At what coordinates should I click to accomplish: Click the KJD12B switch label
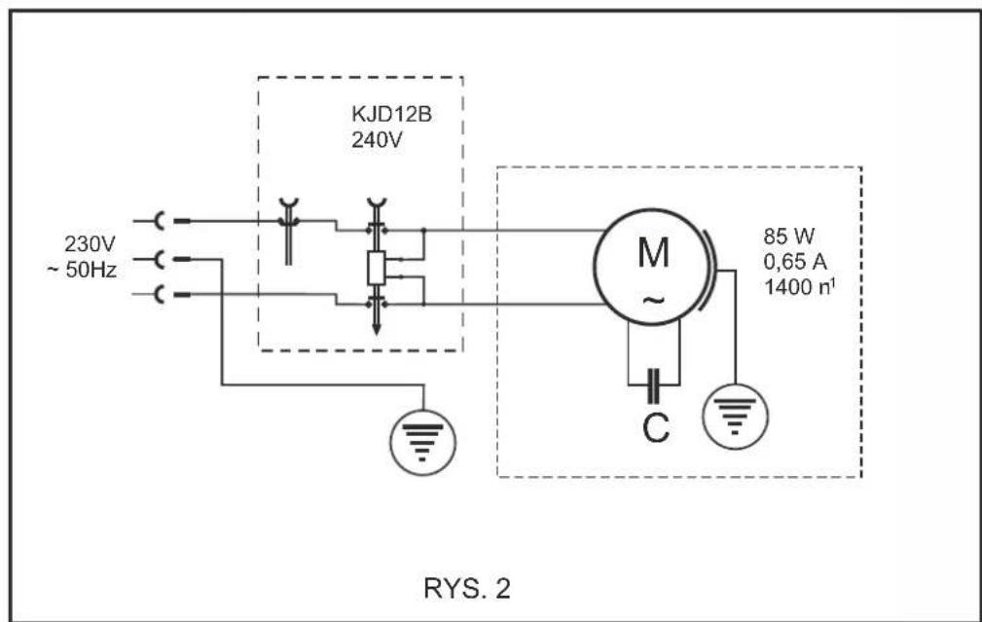pos(391,115)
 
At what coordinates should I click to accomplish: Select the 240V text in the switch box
pos(377,140)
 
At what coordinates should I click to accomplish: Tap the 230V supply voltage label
pos(90,243)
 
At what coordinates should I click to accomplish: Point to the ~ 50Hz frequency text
pos(82,270)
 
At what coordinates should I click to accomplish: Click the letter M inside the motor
pos(653,253)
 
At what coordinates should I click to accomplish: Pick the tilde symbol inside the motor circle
pos(653,300)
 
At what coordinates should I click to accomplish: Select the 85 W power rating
pos(789,237)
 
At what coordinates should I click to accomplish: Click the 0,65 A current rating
pos(795,261)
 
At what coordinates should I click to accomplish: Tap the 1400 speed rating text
pos(800,286)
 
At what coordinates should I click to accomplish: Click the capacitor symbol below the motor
pos(653,385)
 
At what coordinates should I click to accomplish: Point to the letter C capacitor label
pos(656,428)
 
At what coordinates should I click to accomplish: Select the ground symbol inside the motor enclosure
pos(735,417)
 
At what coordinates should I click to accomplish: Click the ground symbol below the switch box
pos(422,442)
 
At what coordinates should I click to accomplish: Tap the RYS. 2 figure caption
pos(467,588)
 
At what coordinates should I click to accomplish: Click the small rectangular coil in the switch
pos(376,268)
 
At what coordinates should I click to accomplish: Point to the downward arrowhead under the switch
pos(376,328)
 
